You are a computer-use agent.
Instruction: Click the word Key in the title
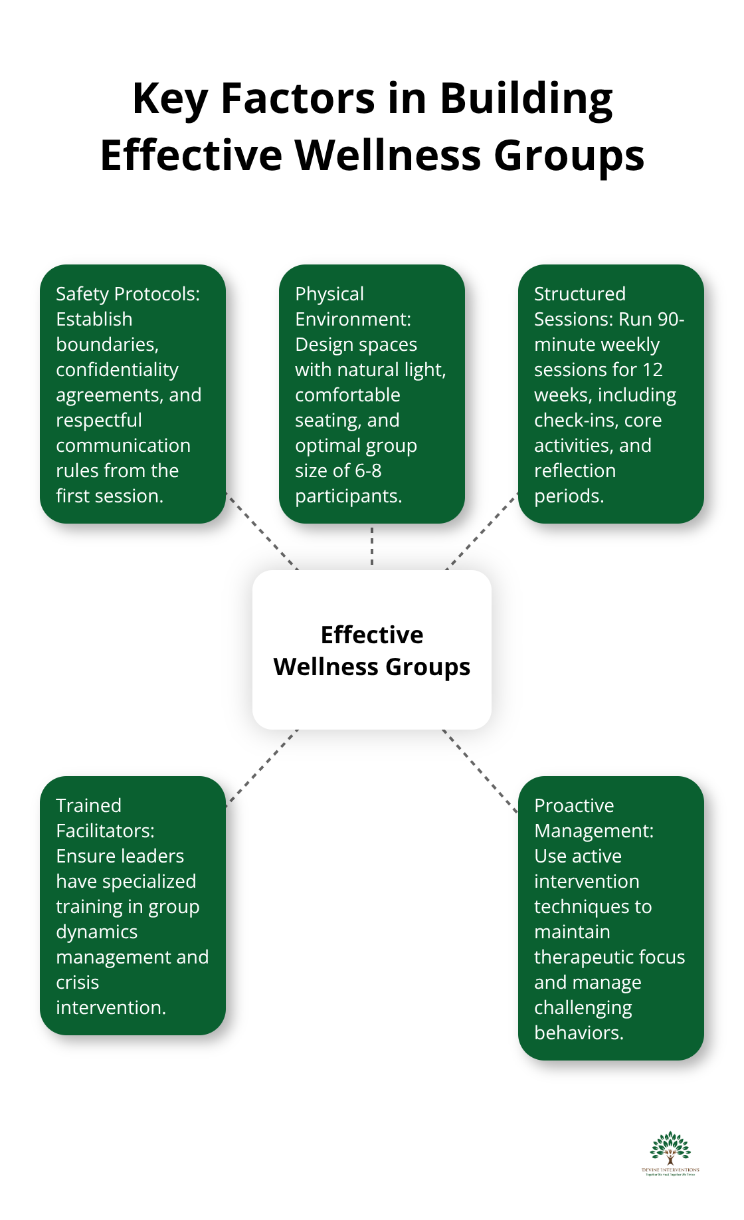pyautogui.click(x=170, y=98)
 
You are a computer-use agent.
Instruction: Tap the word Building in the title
pyautogui.click(x=526, y=98)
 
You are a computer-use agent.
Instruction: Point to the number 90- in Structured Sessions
pyautogui.click(x=671, y=320)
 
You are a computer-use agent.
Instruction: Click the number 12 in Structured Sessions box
pyautogui.click(x=652, y=370)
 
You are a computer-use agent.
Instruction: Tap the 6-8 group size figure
pyautogui.click(x=368, y=471)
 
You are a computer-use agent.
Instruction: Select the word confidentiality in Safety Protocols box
pyautogui.click(x=117, y=370)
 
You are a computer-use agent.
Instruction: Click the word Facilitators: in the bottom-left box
pyautogui.click(x=105, y=831)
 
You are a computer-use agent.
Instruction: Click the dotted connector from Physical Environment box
pyautogui.click(x=372, y=546)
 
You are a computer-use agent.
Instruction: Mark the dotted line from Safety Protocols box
pyautogui.click(x=262, y=532)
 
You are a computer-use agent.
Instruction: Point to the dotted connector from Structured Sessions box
pyautogui.click(x=482, y=532)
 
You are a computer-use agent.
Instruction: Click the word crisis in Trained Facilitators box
pyautogui.click(x=77, y=983)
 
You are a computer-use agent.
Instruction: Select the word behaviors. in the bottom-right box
pyautogui.click(x=579, y=1033)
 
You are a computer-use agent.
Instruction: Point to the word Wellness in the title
pyautogui.click(x=388, y=155)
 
